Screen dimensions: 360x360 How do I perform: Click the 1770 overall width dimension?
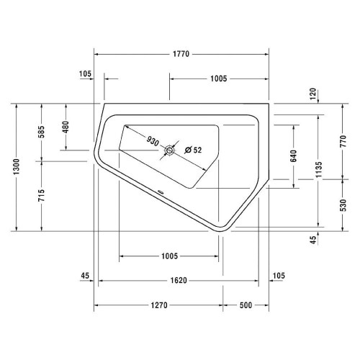(181, 54)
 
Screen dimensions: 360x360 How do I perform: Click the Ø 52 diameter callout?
(192, 150)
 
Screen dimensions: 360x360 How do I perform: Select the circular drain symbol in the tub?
(171, 150)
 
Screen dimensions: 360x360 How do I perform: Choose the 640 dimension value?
(294, 156)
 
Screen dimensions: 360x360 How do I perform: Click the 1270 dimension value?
(158, 305)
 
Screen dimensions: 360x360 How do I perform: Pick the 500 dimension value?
(245, 305)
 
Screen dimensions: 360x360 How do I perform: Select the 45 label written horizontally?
(85, 275)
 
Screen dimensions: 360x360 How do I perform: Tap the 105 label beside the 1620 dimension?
(279, 275)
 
